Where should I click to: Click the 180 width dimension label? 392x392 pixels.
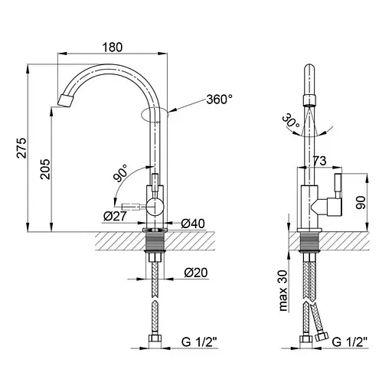click(x=113, y=47)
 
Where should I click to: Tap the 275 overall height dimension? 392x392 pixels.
click(x=21, y=148)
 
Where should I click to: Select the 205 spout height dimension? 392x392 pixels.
click(x=45, y=169)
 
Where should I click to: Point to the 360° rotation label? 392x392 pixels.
click(x=220, y=100)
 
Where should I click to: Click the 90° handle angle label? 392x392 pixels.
click(x=120, y=173)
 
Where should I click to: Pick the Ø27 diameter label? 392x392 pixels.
click(x=115, y=217)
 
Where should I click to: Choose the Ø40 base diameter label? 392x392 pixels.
click(x=193, y=224)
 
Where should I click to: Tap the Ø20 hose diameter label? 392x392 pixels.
click(x=196, y=273)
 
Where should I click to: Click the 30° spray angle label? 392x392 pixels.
click(x=291, y=120)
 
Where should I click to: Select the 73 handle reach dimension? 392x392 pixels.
click(x=319, y=161)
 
